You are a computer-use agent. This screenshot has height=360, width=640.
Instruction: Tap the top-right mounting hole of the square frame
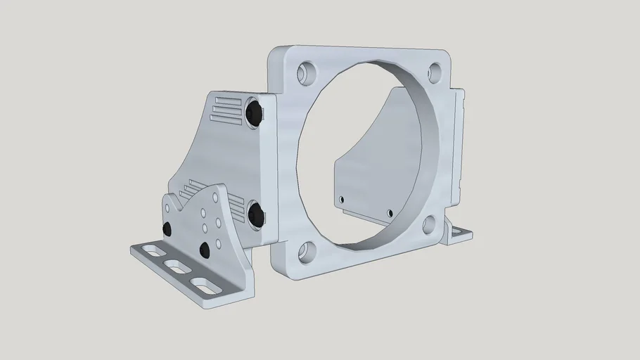(435, 70)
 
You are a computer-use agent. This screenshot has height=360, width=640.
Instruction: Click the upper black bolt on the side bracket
(255, 113)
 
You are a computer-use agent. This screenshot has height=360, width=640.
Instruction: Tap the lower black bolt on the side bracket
(255, 213)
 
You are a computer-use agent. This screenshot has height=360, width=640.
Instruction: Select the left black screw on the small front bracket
(167, 230)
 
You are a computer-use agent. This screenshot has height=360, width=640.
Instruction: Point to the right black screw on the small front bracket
(205, 250)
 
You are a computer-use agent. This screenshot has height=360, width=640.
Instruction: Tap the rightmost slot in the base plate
(204, 285)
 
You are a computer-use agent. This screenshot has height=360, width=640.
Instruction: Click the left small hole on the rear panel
(343, 200)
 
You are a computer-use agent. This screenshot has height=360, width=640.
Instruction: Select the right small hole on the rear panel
(389, 212)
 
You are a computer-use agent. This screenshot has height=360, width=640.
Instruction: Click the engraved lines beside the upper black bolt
(227, 110)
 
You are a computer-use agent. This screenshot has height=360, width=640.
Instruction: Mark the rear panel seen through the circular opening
(366, 176)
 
